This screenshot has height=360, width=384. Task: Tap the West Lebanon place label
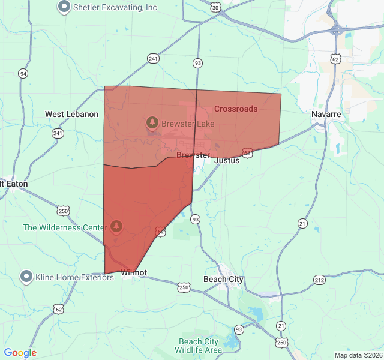[x=72, y=114]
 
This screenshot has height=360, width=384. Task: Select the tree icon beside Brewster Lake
[x=152, y=123]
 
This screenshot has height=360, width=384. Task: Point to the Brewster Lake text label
[x=188, y=124]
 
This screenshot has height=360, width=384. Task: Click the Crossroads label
[x=236, y=109]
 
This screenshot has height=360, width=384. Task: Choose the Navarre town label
[x=326, y=114]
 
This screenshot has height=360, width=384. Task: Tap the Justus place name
[x=227, y=160]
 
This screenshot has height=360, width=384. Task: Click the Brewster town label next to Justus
[x=193, y=155]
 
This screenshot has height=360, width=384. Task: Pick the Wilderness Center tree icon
[x=116, y=226]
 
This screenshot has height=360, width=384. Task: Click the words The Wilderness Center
[x=65, y=227]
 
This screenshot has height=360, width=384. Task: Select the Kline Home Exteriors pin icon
[x=26, y=277]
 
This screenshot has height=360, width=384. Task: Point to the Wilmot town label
[x=134, y=273]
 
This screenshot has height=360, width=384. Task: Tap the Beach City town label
[x=224, y=279]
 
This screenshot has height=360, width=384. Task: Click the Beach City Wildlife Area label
[x=200, y=346]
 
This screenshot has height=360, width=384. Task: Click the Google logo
[x=20, y=353]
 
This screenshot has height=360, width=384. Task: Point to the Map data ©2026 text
[x=358, y=355]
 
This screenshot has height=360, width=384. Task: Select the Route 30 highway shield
[x=216, y=7]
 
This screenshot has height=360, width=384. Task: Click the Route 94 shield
[x=23, y=74]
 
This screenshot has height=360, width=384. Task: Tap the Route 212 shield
[x=319, y=280]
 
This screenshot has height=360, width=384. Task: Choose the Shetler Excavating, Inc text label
[x=115, y=7]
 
